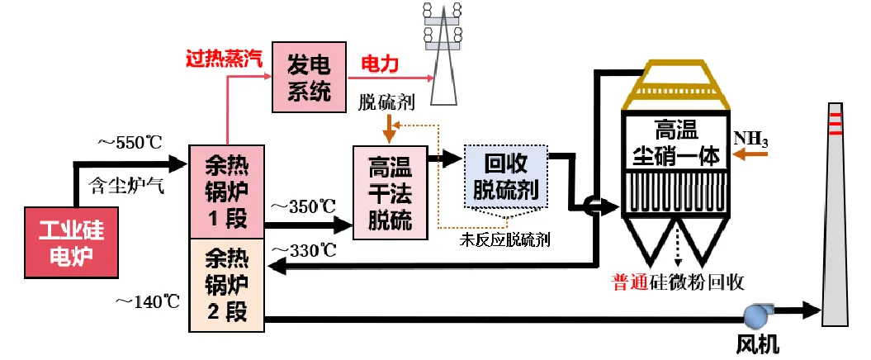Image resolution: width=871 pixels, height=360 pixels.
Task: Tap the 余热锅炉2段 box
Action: point(226,285)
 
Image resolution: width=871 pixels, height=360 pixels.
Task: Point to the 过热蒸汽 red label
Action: point(225,59)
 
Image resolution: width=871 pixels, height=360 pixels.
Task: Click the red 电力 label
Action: point(381,63)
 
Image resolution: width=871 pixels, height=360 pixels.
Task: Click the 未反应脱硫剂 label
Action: point(505,240)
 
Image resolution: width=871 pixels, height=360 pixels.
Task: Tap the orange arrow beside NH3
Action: point(755,159)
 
